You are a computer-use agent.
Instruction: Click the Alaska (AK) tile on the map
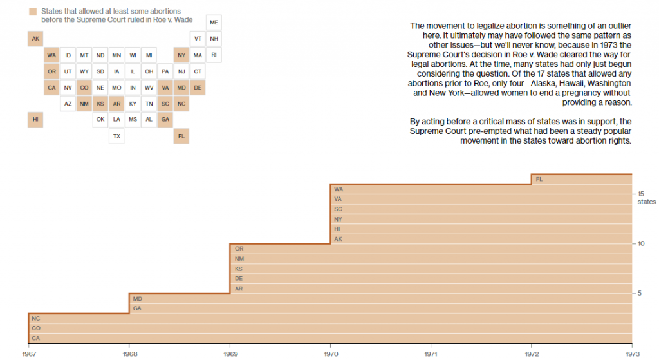pos(35,39)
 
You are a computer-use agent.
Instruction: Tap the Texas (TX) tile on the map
pos(116,136)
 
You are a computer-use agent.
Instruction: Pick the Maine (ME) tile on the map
pos(214,23)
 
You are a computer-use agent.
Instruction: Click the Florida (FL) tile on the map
pos(181,136)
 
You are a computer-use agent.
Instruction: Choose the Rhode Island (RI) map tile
pos(214,55)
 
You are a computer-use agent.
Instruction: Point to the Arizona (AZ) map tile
pos(68,104)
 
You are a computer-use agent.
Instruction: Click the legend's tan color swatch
pos(32,12)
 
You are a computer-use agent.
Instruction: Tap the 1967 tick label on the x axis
pos(29,354)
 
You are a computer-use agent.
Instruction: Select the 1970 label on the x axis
pos(331,354)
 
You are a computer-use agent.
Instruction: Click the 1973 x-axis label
pos(632,354)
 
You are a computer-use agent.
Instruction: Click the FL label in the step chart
pos(539,179)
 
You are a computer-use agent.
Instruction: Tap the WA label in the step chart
pos(339,189)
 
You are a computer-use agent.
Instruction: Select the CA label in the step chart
pos(35,338)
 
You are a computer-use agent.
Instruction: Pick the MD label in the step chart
pos(138,299)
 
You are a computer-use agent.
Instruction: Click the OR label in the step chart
pos(239,249)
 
